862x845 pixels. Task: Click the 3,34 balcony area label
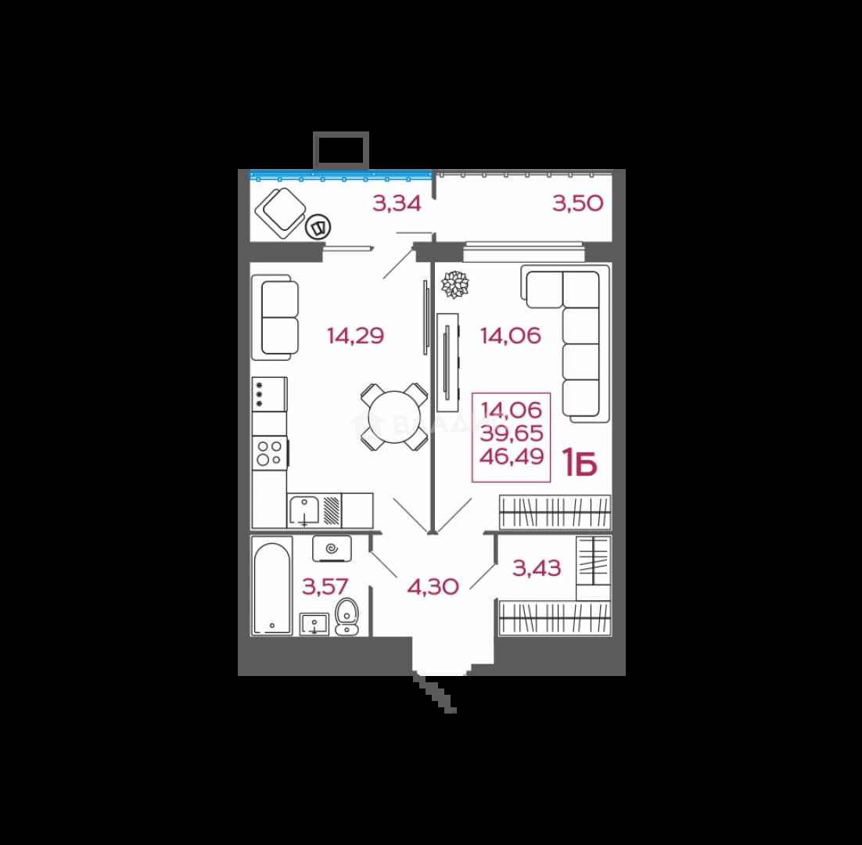(x=397, y=203)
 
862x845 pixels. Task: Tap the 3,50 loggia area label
(x=578, y=203)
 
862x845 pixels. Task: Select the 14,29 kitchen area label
(x=355, y=336)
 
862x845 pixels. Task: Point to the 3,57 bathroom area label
(x=325, y=587)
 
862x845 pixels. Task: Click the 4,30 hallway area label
(x=433, y=587)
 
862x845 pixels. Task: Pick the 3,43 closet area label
(x=537, y=568)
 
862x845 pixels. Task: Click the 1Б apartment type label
(x=580, y=463)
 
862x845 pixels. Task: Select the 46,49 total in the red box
(x=512, y=456)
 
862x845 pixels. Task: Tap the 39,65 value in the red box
(x=512, y=433)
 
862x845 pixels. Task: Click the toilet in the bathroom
(x=347, y=617)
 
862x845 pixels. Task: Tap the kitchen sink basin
(x=304, y=511)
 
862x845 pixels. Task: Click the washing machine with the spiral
(x=332, y=548)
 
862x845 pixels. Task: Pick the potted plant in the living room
(x=455, y=284)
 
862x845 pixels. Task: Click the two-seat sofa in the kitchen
(x=275, y=318)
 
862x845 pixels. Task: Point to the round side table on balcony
(x=318, y=226)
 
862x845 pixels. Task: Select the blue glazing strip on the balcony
(x=341, y=176)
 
